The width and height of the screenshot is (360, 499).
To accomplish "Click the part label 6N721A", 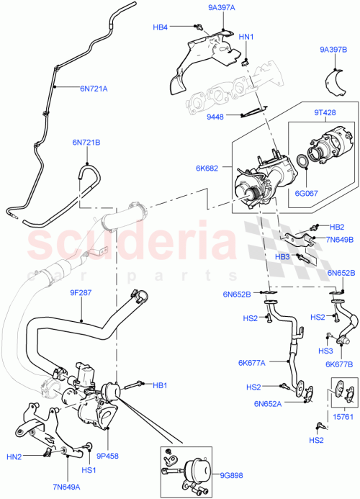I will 94,89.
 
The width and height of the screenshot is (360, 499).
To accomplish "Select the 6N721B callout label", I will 85,142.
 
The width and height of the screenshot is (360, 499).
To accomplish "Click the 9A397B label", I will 333,50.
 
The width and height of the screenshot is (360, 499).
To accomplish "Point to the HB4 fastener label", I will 161,27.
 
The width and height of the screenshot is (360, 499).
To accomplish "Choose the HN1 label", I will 246,37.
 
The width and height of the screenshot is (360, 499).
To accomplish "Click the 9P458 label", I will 107,455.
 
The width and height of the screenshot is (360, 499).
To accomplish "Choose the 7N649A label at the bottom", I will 66,486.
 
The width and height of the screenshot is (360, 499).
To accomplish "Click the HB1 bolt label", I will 160,385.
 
